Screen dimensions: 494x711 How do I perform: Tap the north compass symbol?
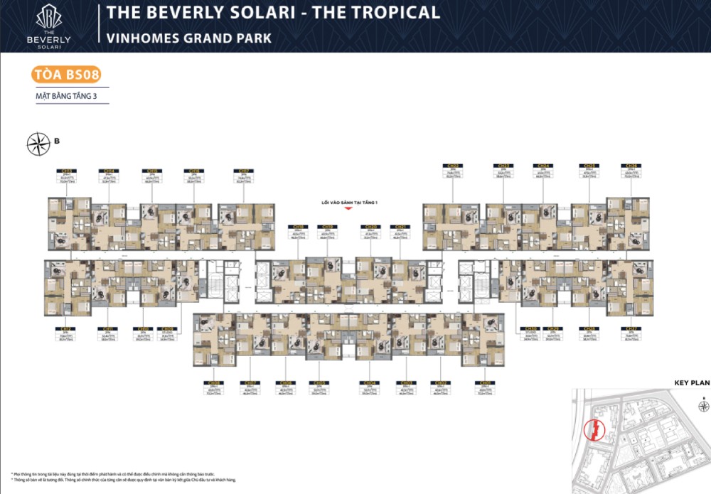(x=37, y=144)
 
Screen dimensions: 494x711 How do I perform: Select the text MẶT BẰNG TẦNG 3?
(x=66, y=96)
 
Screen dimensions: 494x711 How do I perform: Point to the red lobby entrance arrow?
(x=348, y=210)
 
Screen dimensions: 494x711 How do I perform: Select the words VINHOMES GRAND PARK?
(x=188, y=38)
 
